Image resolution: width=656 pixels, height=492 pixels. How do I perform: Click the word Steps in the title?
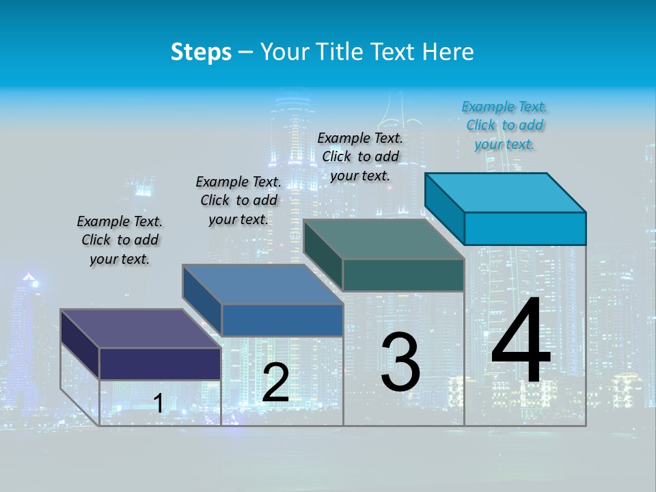(201, 52)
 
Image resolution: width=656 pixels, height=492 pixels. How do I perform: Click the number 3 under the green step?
(400, 362)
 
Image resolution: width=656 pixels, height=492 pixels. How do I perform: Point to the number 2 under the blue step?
(275, 383)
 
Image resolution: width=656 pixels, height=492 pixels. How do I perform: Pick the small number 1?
(159, 404)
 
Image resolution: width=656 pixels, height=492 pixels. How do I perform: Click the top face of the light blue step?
(506, 192)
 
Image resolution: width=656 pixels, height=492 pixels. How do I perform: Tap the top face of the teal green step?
(384, 239)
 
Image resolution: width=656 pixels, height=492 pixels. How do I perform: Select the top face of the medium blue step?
(263, 284)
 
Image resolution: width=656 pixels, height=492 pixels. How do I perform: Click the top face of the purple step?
(141, 329)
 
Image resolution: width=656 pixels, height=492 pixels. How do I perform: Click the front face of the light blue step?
(525, 228)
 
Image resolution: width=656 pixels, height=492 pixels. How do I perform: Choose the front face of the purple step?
(160, 364)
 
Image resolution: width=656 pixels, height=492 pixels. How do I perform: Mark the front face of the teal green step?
(403, 275)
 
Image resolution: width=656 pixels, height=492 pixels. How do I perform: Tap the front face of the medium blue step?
(282, 320)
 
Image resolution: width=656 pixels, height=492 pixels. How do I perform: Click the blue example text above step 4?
(504, 125)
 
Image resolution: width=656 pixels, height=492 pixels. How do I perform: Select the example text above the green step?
(360, 156)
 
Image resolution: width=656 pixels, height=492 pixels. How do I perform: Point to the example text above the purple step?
(120, 240)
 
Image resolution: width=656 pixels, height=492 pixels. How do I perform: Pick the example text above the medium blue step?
(238, 200)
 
